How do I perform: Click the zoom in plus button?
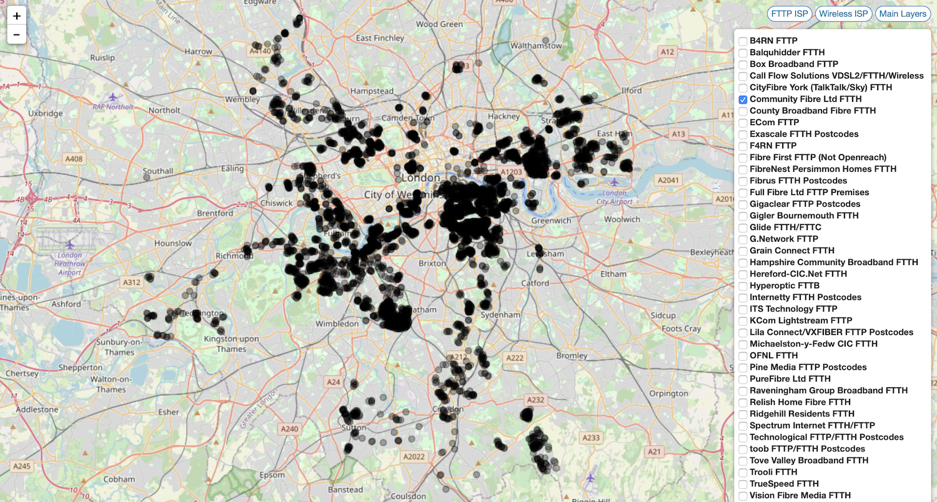(16, 16)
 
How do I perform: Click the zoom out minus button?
(16, 34)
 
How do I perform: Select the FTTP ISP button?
(790, 14)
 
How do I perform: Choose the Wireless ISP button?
(843, 14)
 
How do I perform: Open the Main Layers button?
(903, 14)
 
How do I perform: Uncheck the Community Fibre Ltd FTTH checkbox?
(743, 99)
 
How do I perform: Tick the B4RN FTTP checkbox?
(743, 41)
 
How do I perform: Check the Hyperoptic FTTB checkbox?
(743, 286)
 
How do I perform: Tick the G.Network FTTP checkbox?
(743, 239)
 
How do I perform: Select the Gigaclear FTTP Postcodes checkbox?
(743, 204)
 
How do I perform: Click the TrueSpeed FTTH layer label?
(784, 484)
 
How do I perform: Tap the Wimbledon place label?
(337, 324)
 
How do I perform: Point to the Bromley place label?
(572, 356)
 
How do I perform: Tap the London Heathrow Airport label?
(70, 264)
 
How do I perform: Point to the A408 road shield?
(73, 159)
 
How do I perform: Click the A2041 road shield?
(668, 179)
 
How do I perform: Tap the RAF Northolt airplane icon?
(112, 97)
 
